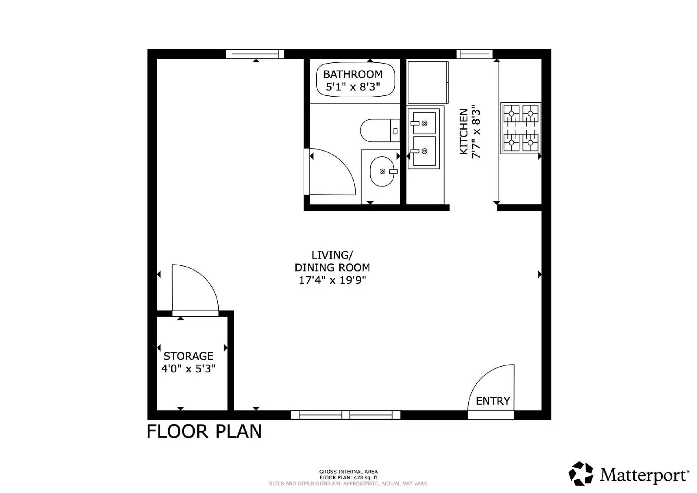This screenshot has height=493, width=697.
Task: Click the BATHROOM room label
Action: click(353, 74)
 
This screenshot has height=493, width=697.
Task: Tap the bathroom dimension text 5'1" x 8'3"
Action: click(353, 87)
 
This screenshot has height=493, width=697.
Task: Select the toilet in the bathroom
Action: click(379, 130)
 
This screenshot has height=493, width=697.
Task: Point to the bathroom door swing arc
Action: click(333, 172)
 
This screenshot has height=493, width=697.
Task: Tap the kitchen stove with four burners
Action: click(521, 128)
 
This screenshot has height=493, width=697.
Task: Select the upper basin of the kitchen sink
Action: click(423, 123)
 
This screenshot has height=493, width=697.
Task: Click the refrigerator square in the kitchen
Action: click(428, 82)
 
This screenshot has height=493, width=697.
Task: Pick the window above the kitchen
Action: click(474, 54)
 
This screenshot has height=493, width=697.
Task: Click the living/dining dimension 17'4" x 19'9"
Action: click(332, 280)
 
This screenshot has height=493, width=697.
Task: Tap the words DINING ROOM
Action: click(332, 267)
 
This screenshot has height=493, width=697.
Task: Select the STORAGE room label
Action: click(188, 356)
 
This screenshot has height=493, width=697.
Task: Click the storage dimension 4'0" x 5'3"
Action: click(188, 369)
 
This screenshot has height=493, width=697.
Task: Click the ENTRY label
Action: click(493, 401)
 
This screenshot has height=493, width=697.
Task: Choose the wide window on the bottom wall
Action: click(345, 415)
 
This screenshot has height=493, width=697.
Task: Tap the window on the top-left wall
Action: click(255, 54)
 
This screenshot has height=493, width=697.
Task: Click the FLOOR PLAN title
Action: click(204, 432)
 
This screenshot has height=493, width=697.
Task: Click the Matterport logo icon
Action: click(581, 473)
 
